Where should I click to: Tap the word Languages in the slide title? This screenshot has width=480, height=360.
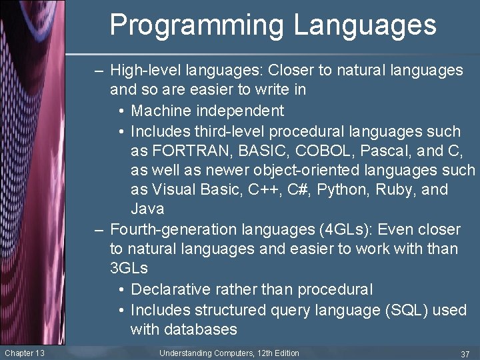(x=365, y=25)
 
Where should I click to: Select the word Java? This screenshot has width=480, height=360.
(x=147, y=209)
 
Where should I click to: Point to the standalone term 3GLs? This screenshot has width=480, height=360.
(x=129, y=269)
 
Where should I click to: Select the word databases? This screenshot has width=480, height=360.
(x=183, y=330)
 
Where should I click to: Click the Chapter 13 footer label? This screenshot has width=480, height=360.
(x=24, y=353)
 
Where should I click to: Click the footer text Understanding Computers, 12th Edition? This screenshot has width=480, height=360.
(x=229, y=353)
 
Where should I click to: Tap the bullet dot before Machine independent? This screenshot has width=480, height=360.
(x=120, y=111)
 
